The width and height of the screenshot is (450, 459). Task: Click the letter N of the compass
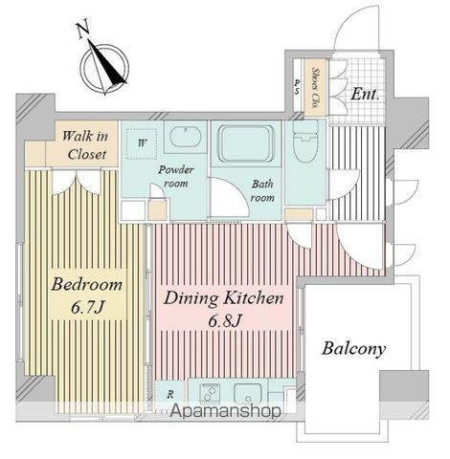[x=83, y=30]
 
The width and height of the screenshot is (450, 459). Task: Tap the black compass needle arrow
[x=107, y=64]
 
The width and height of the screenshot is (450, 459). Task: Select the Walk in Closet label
[x=86, y=145]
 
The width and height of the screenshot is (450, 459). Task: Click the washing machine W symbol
[x=142, y=143]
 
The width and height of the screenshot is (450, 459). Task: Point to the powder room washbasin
[x=185, y=137]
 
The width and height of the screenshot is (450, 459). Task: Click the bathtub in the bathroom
[x=246, y=142]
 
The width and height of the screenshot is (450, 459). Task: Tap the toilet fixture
[x=305, y=142]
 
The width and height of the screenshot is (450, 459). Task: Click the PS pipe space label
[x=297, y=87]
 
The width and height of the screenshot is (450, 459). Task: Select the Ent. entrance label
[x=365, y=95]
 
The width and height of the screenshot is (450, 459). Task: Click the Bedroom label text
[x=86, y=284]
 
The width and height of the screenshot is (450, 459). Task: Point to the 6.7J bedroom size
[x=88, y=308]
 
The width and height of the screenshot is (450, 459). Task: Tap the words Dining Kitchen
[x=223, y=298]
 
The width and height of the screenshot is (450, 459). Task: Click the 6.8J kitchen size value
[x=224, y=321]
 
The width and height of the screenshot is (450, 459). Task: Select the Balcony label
[x=353, y=349]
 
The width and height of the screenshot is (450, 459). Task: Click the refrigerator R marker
[x=170, y=395]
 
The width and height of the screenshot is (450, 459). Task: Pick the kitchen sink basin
[x=248, y=394]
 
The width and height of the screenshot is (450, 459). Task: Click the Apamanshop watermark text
[x=225, y=411]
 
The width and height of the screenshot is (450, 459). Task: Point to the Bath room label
[x=262, y=190]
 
